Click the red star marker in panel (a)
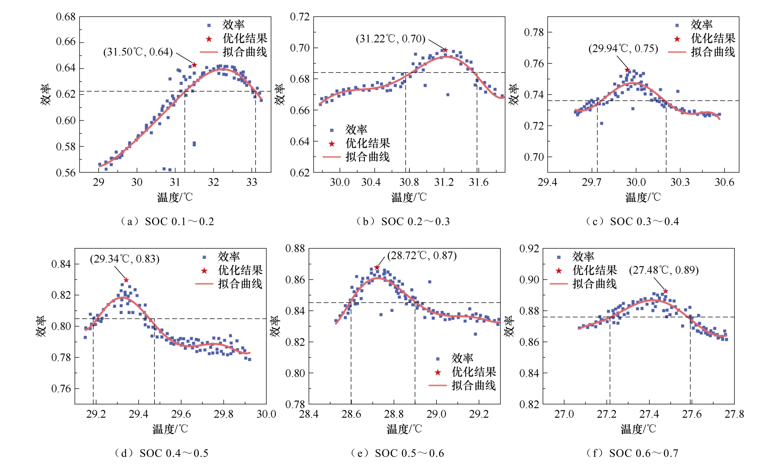coord(194,65)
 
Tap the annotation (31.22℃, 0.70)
coord(390,39)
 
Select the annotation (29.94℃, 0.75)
coord(623,49)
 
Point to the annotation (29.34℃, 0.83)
coord(125,259)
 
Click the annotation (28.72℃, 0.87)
coord(422,255)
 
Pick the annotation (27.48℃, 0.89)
coord(664,270)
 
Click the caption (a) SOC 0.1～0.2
coord(167,222)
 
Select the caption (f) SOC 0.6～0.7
coord(632,453)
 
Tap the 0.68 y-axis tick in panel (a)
coord(66,17)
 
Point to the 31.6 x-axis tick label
coord(479,182)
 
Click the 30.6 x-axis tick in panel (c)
coord(724,182)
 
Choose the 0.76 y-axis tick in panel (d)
coord(61,389)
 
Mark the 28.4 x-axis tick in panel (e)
coord(309,414)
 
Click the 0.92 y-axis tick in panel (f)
coord(529,249)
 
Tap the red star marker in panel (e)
coord(377,267)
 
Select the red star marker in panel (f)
coord(666,291)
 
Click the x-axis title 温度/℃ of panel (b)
coord(409,197)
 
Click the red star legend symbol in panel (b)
coord(332,144)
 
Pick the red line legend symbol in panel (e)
coord(438,386)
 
